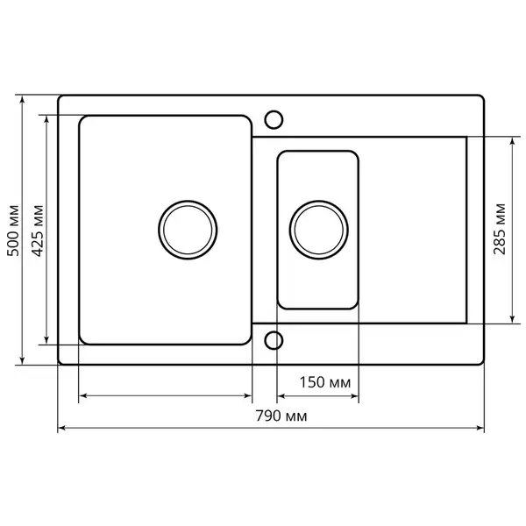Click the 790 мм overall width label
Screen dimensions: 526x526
click(x=281, y=416)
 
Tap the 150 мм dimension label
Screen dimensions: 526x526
click(x=325, y=382)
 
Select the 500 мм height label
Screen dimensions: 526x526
click(x=13, y=231)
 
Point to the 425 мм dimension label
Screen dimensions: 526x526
click(x=38, y=231)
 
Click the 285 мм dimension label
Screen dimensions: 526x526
click(x=500, y=229)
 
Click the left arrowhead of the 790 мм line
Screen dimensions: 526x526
click(x=61, y=428)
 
